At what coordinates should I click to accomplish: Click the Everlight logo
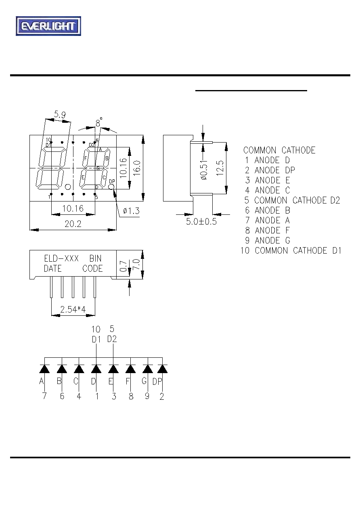point(48,26)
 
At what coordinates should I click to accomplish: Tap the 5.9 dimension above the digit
point(60,114)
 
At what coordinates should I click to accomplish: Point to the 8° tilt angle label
point(99,123)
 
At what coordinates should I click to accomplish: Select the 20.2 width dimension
point(73,224)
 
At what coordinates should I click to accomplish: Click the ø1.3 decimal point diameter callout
point(131,211)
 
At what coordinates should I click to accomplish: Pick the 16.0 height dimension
point(137,168)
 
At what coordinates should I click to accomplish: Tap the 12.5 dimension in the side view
point(220,168)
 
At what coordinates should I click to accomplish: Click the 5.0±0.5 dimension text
point(201,221)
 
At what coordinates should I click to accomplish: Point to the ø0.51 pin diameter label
point(204,170)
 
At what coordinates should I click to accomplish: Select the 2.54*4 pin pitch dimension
point(73,309)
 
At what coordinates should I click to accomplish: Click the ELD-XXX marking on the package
point(61,258)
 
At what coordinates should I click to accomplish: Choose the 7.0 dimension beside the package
point(136,264)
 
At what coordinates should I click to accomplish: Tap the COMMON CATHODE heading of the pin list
point(279,150)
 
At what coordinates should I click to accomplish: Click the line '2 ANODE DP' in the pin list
point(270,170)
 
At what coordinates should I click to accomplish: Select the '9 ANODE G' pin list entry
point(268,240)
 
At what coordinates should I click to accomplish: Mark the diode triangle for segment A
point(44,369)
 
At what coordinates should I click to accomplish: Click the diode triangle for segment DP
point(162,369)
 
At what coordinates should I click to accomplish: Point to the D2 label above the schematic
point(112,339)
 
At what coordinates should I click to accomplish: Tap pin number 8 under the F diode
point(131,397)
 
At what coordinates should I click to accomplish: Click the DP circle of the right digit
point(111,187)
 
